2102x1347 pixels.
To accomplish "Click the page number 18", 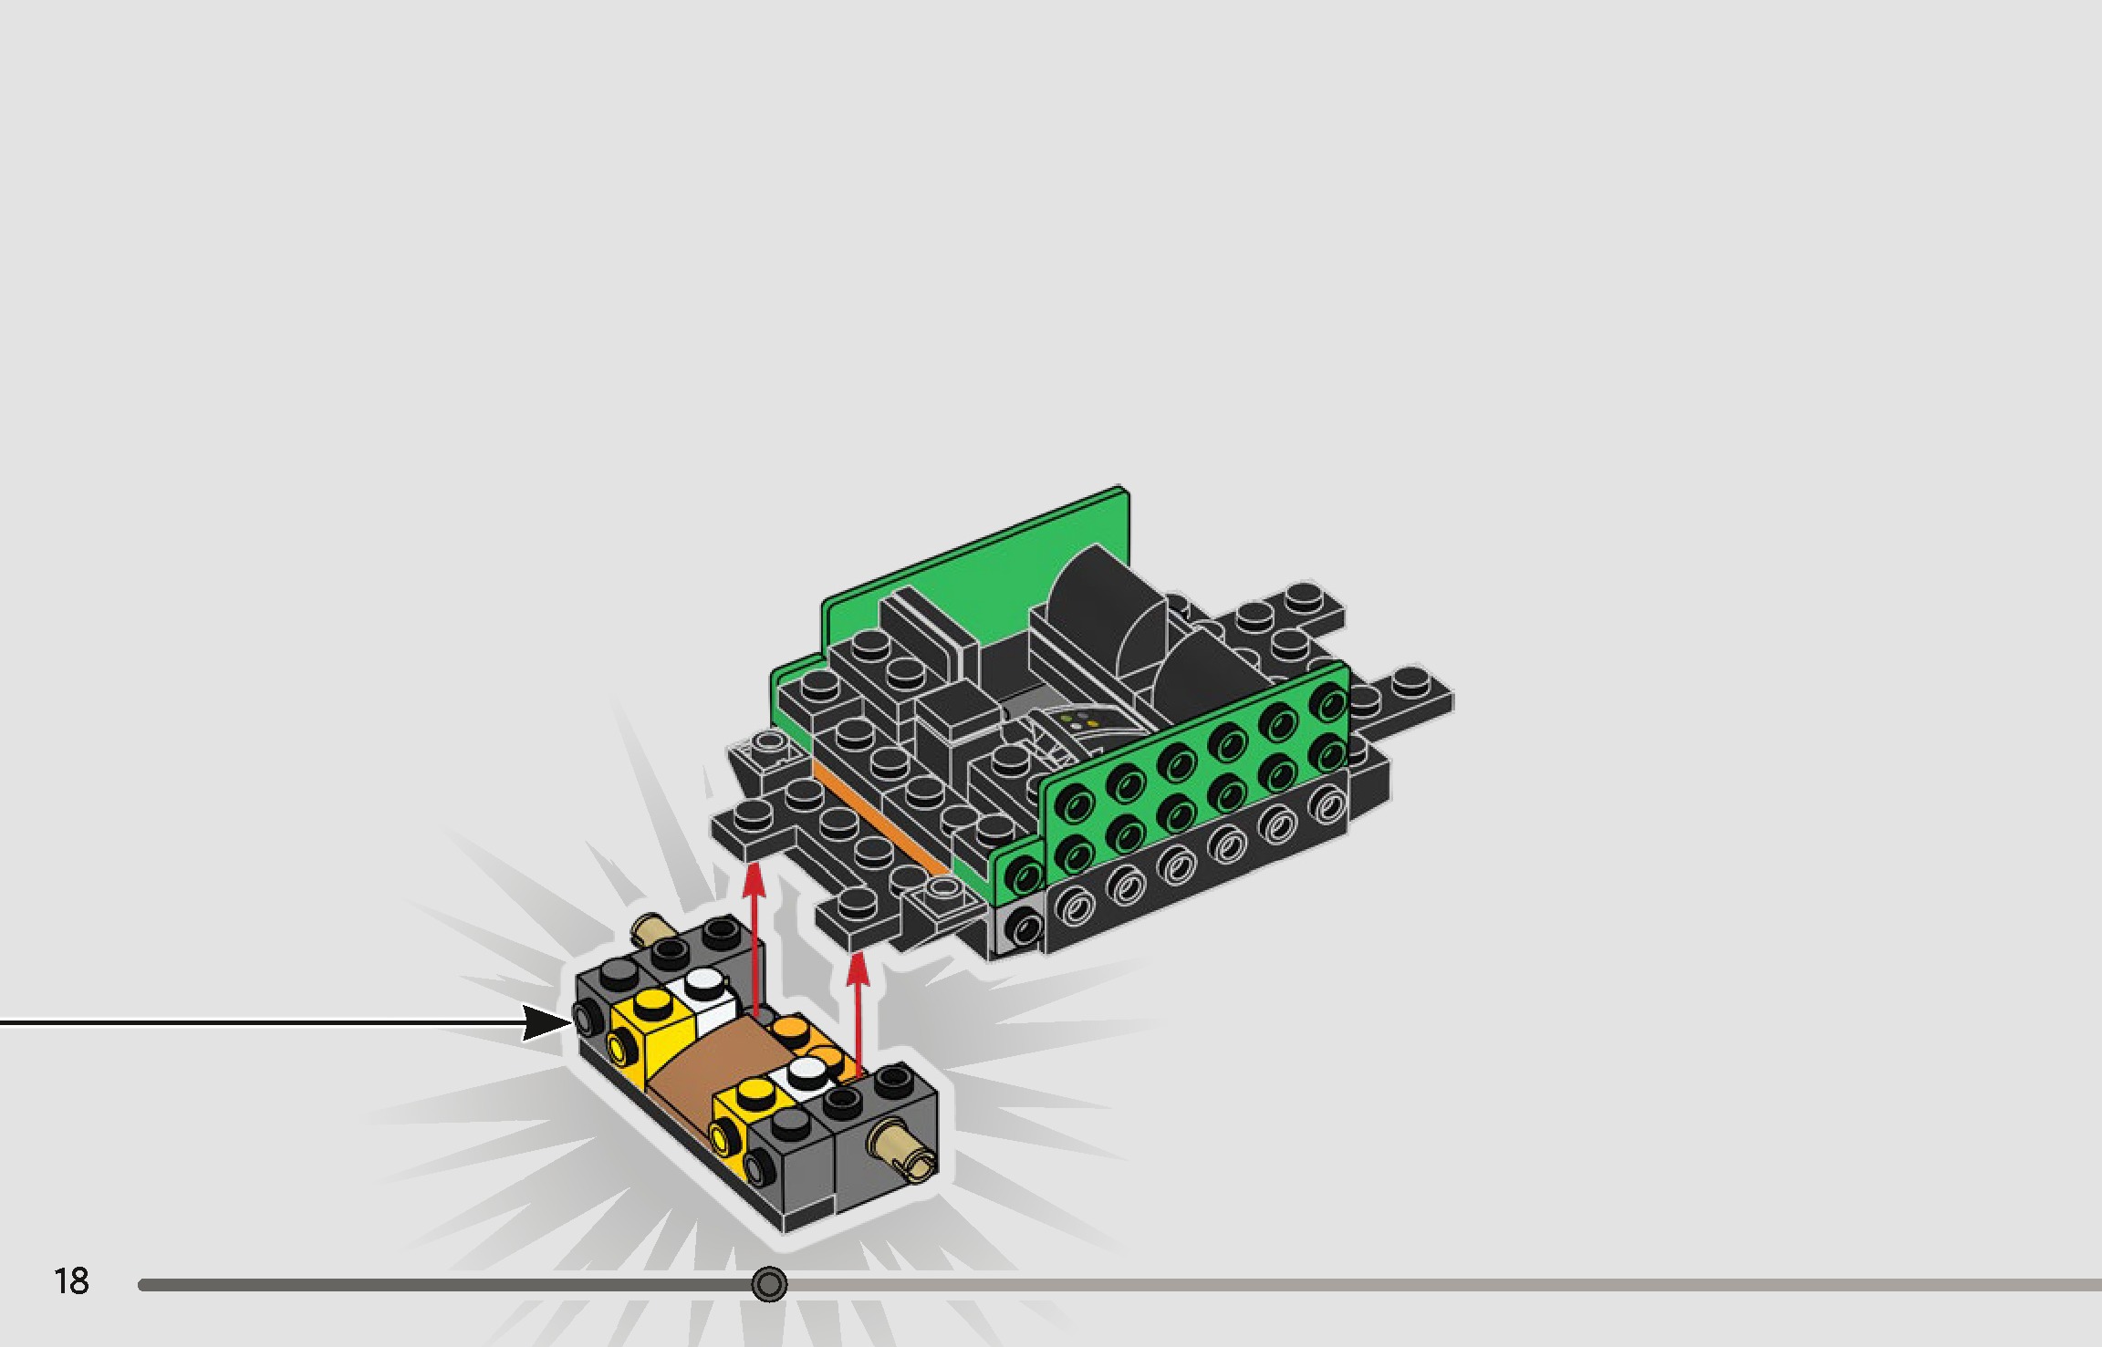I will pos(71,1281).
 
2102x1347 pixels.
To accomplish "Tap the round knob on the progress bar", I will pos(769,1284).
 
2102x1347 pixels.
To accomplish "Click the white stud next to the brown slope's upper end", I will pos(703,982).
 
